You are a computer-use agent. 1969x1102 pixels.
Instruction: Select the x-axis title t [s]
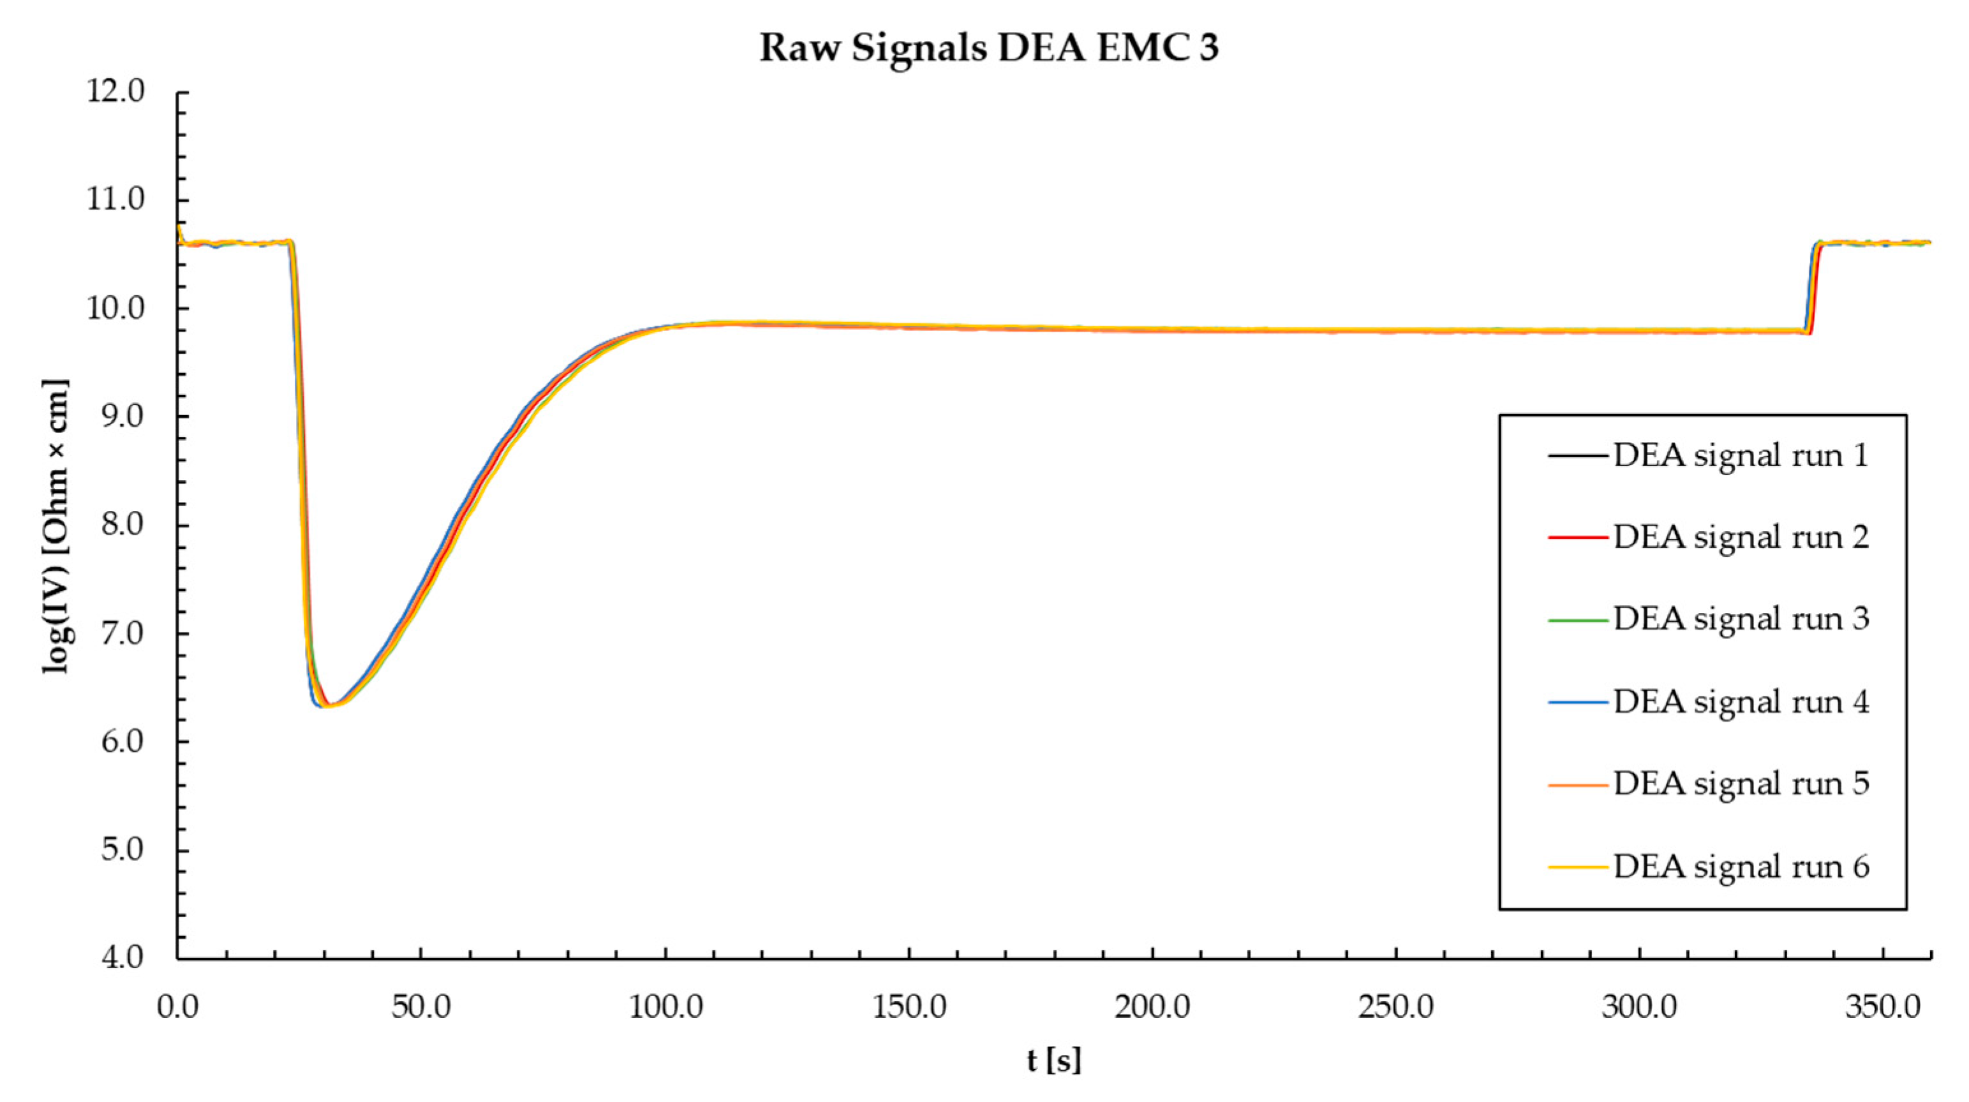click(x=1054, y=1060)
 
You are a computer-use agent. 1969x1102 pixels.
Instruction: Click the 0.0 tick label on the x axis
click(x=178, y=1007)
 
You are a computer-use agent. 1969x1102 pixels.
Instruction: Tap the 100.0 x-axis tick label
click(x=665, y=1007)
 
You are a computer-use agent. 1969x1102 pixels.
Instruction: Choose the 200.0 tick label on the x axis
click(x=1152, y=1007)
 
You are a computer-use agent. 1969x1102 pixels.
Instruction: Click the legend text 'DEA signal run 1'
click(x=1741, y=455)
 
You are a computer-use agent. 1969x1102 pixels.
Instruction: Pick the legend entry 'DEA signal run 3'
click(x=1741, y=619)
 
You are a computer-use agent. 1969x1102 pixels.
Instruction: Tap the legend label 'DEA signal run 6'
click(x=1741, y=867)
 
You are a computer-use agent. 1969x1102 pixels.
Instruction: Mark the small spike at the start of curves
click(x=179, y=227)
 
